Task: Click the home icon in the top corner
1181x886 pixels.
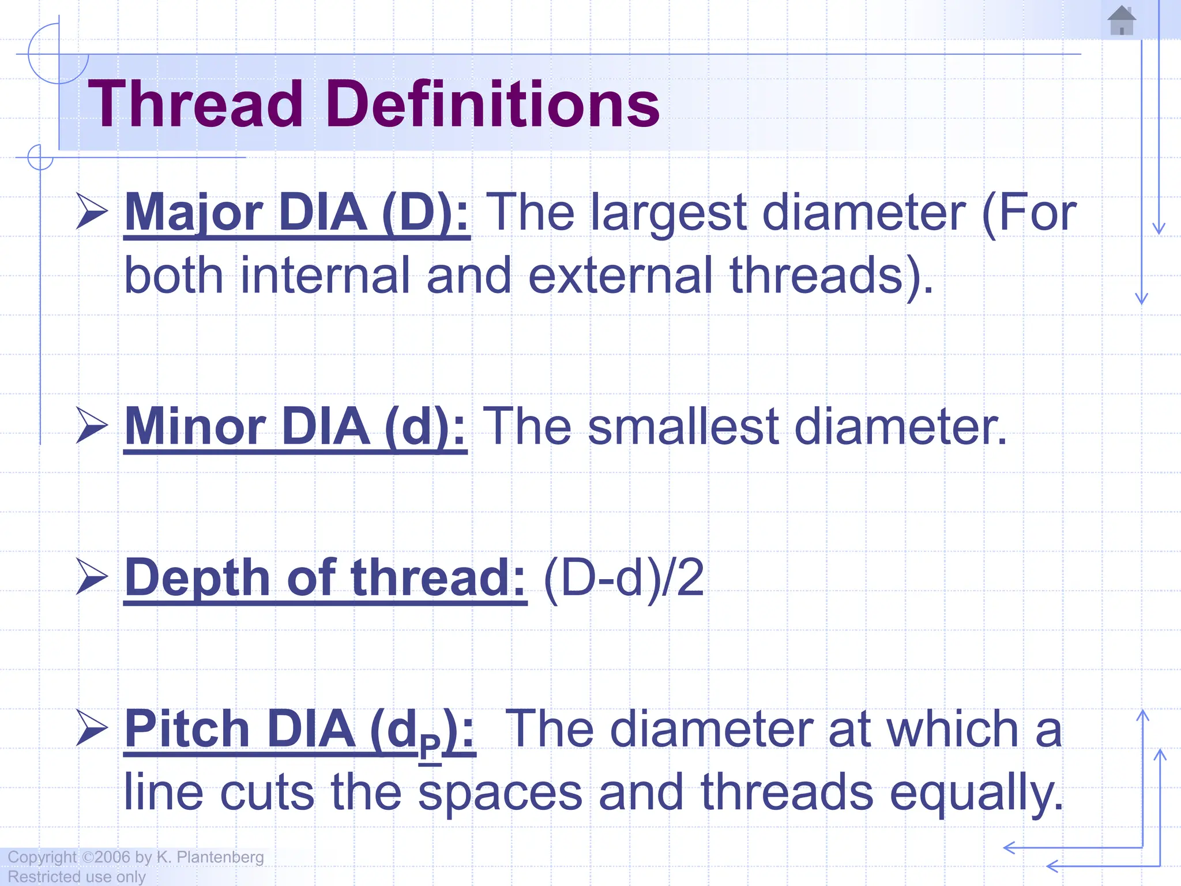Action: point(1122,21)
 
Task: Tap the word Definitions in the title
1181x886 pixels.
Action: point(493,104)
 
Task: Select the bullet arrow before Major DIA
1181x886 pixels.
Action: point(92,212)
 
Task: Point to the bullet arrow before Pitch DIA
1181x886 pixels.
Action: point(92,728)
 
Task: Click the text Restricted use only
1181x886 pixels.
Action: point(77,877)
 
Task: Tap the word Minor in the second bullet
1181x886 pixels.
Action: point(195,427)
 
